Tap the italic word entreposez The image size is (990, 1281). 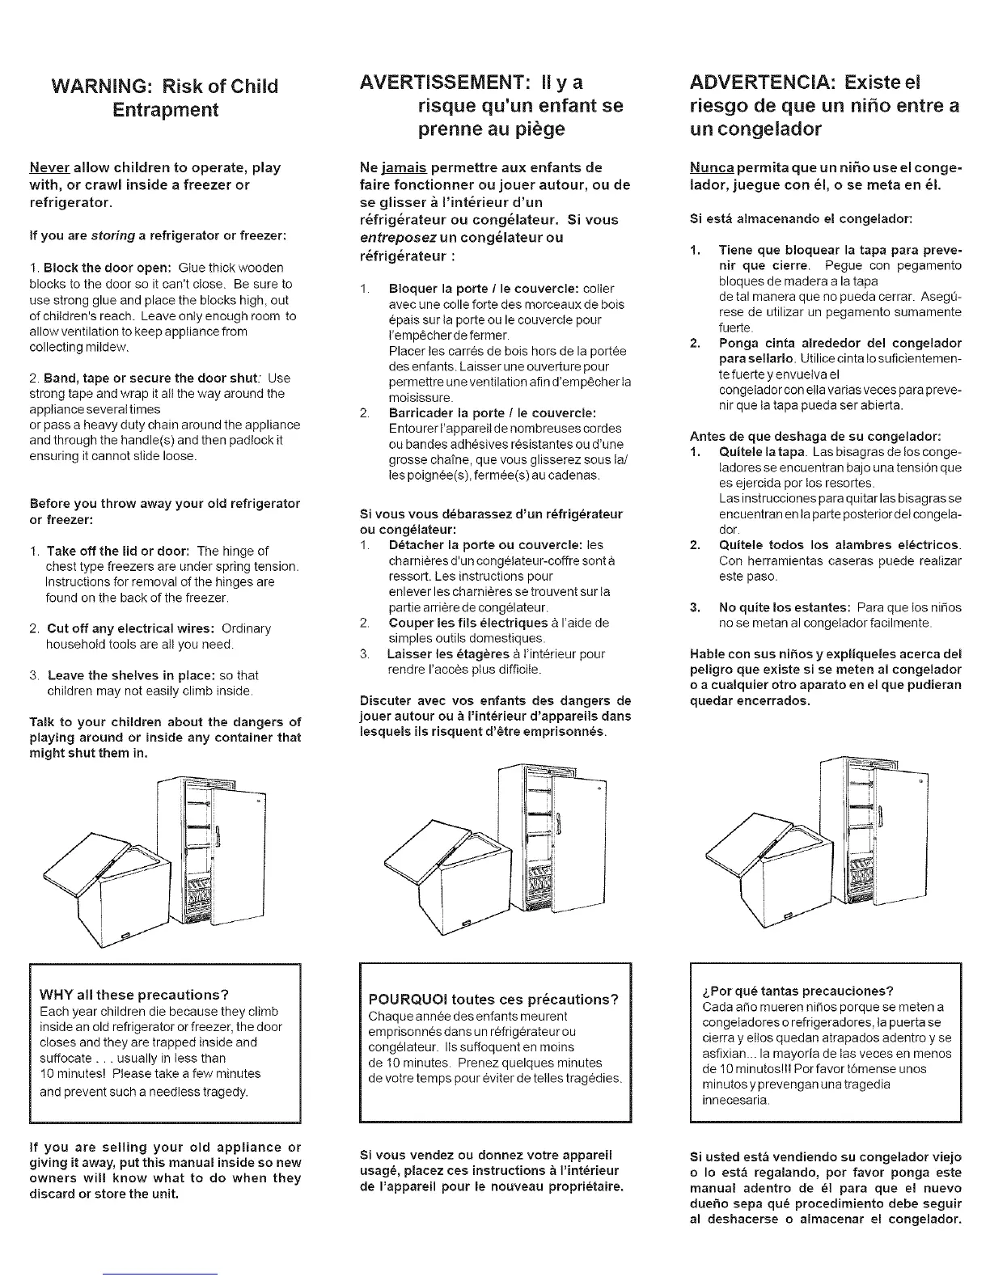pos(397,237)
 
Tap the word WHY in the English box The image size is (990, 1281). pos(58,994)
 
